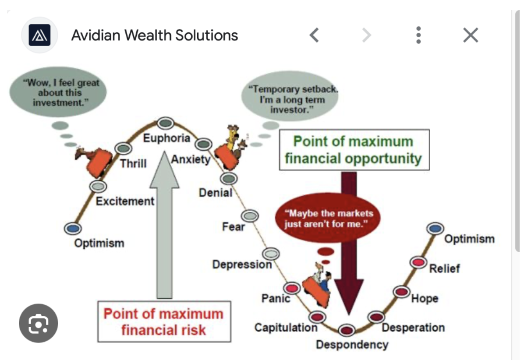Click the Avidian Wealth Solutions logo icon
coord(40,35)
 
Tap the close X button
coord(471,35)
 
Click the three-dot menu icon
coord(418,35)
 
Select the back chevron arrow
coord(314,35)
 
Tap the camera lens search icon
coord(38,323)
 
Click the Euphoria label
coord(166,138)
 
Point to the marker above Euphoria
coord(165,123)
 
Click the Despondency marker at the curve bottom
coord(347,330)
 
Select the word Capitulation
coord(286,327)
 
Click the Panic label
coord(276,298)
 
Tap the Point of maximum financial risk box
coord(163,321)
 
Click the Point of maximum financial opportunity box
coord(354,150)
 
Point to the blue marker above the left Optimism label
coord(72,228)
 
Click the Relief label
coord(445,268)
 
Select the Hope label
coord(425,299)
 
